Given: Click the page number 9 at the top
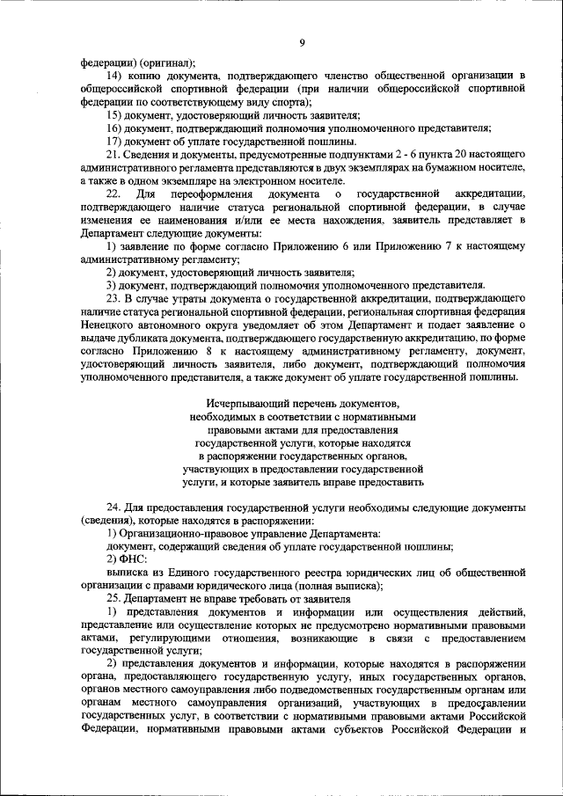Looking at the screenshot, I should [301, 42].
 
